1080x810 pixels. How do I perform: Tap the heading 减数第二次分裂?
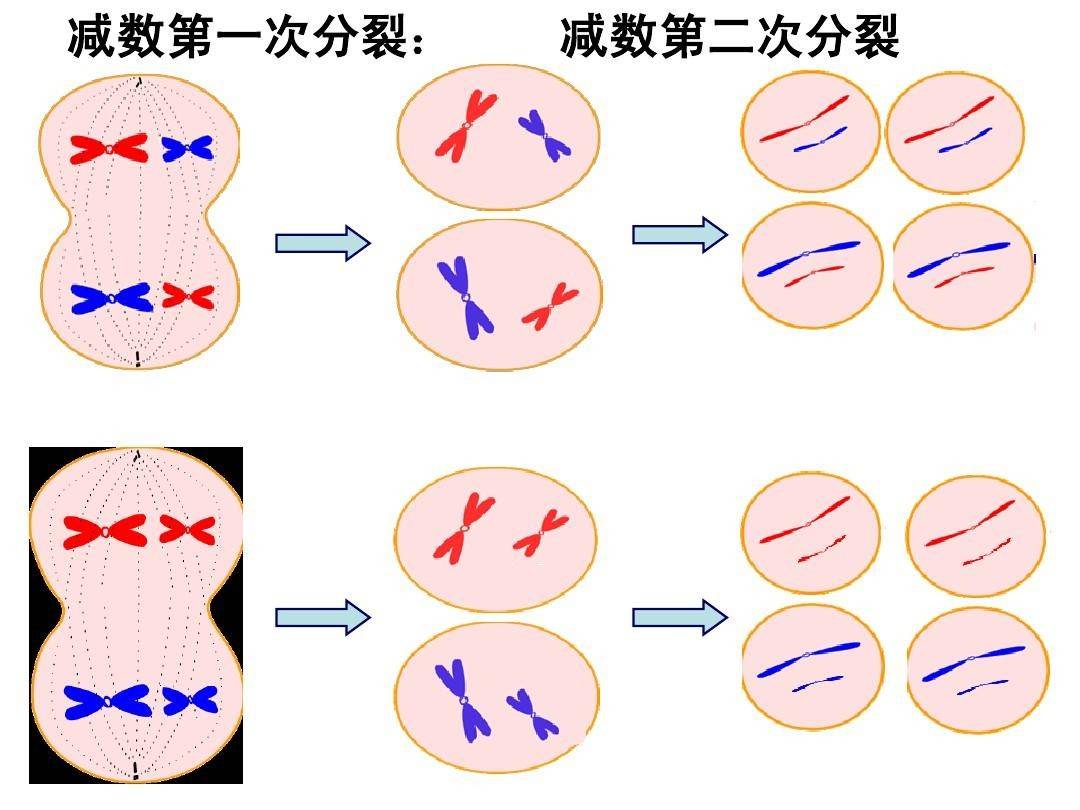[729, 38]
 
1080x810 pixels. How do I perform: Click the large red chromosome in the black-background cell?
[104, 531]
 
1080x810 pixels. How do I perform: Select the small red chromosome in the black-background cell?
[187, 529]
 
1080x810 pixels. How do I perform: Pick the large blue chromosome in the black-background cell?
[106, 701]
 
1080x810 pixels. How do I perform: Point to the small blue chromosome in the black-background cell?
[190, 700]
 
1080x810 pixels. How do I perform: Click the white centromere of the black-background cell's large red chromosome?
[104, 531]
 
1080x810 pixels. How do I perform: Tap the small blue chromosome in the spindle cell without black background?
[187, 149]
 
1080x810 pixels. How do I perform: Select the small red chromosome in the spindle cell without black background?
[188, 296]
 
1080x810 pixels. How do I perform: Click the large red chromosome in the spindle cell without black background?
[108, 150]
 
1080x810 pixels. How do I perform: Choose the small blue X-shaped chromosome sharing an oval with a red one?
[545, 136]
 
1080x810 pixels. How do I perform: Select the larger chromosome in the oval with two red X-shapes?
[464, 527]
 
